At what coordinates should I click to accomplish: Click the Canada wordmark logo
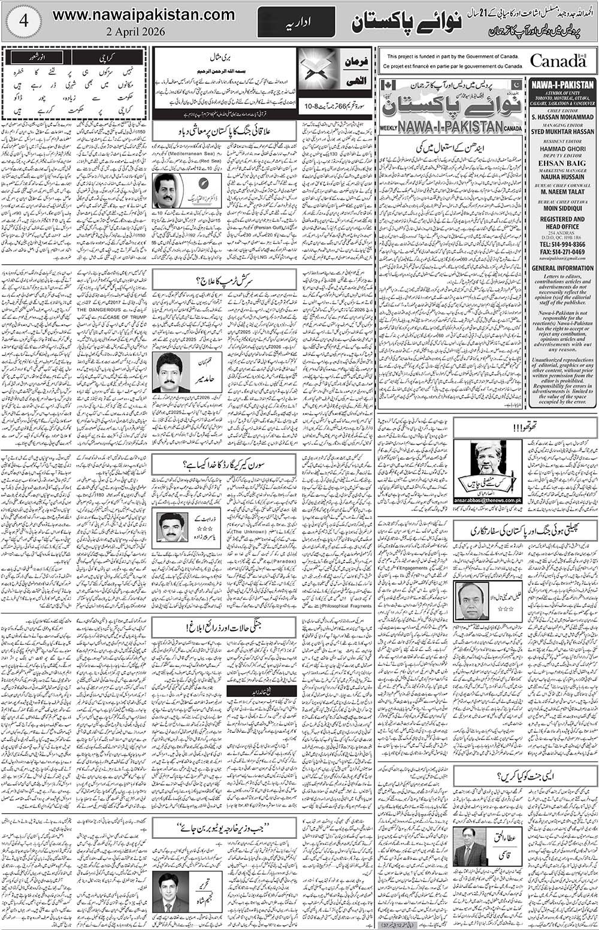pyautogui.click(x=557, y=61)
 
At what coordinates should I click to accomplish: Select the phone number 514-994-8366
pyautogui.click(x=562, y=244)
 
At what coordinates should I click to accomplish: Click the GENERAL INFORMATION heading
pyautogui.click(x=562, y=268)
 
